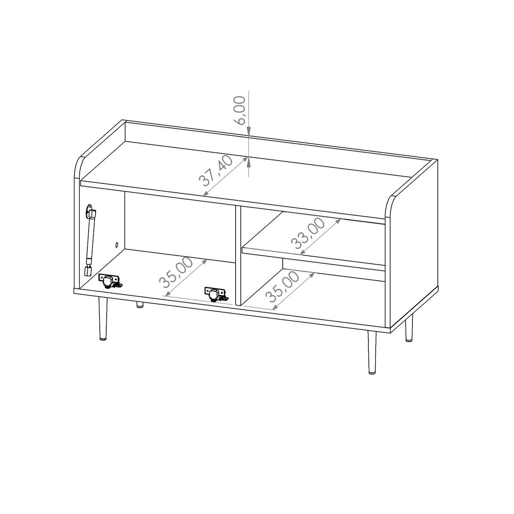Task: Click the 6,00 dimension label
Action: (239, 111)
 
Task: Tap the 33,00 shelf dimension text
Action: (308, 233)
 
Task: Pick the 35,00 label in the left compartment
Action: (176, 272)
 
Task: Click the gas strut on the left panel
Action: (90, 240)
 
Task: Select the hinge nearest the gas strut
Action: (111, 281)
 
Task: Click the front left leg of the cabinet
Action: (103, 319)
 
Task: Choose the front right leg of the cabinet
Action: (372, 352)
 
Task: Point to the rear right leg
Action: (409, 328)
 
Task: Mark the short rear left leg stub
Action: (140, 305)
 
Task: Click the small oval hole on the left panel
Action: (117, 244)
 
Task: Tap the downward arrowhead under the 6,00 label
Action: (248, 131)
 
